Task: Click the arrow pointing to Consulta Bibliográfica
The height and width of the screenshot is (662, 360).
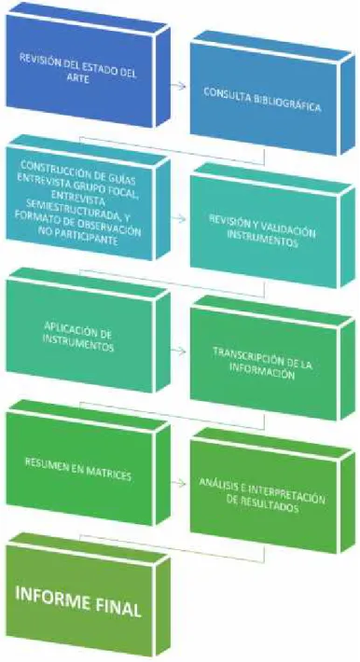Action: [x=178, y=86]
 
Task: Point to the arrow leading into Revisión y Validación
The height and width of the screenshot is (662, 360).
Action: [x=178, y=219]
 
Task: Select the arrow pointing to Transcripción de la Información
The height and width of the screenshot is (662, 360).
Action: [x=178, y=352]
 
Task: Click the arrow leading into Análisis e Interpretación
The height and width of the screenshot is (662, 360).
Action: [x=178, y=483]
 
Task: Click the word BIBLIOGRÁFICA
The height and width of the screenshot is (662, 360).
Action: [x=287, y=103]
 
